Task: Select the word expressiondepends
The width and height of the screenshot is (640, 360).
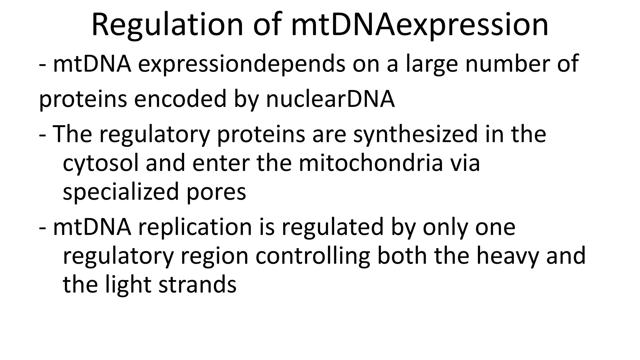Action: pos(242,64)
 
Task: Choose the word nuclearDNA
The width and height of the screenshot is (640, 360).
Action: pos(330,99)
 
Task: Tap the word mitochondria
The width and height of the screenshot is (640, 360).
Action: pos(371,163)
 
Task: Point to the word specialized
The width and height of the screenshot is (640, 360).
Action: pos(121,192)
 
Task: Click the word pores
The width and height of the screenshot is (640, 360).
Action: pos(216,192)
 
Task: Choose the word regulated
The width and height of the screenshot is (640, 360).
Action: pos(332,227)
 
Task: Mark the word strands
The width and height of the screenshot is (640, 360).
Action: pos(197,284)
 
